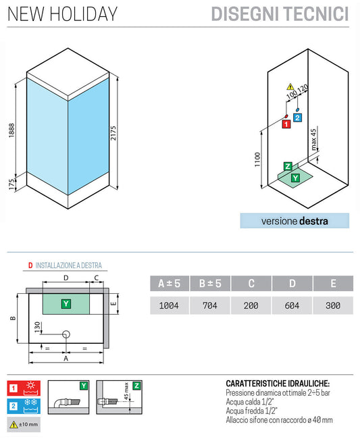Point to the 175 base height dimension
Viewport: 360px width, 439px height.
coord(11,185)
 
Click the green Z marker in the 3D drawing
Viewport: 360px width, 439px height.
coord(288,167)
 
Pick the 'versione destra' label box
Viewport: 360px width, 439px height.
coord(294,221)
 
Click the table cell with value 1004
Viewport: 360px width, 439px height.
coord(168,305)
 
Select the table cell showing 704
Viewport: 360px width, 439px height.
coord(210,305)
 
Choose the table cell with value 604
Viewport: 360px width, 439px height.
coord(292,305)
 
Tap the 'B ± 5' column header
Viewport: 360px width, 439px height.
coord(210,284)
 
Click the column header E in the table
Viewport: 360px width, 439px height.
coord(333,284)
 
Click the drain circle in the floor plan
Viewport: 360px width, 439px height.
coord(66,334)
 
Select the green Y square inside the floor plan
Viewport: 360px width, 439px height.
coord(66,303)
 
